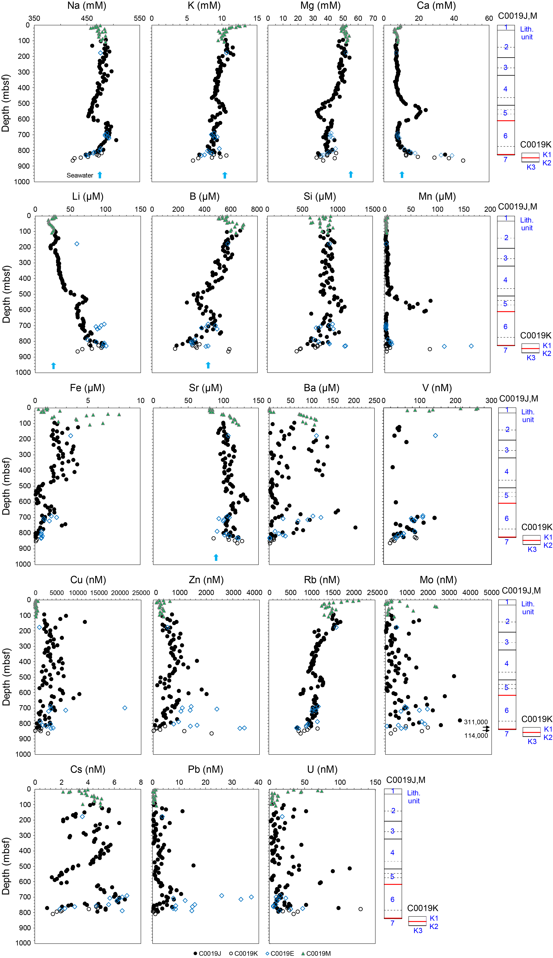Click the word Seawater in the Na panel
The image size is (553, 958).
(80, 175)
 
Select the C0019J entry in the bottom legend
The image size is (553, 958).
(207, 953)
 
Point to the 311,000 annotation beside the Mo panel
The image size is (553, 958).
(476, 722)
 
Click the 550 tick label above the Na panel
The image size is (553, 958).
(139, 18)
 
